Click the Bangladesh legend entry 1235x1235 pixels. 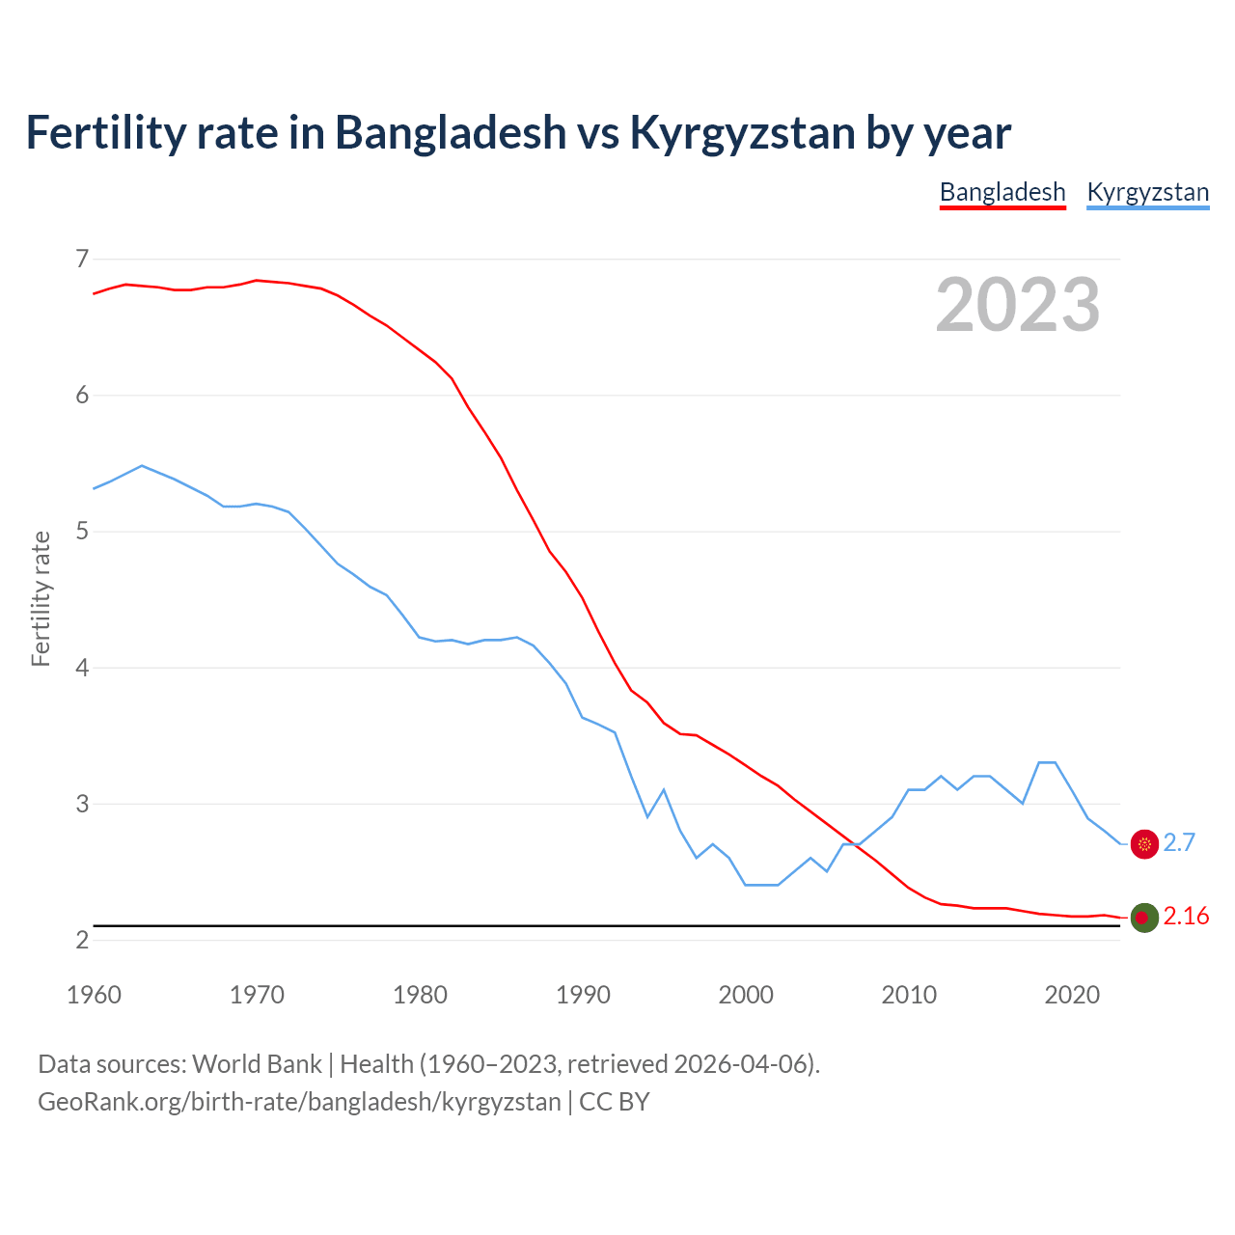point(1002,192)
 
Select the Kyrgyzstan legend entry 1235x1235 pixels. point(1147,192)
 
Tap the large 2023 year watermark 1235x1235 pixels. point(1017,305)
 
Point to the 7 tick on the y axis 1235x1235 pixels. point(82,259)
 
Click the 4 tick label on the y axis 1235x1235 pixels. point(82,667)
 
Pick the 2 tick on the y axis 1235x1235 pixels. point(82,940)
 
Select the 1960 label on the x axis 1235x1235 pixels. point(94,995)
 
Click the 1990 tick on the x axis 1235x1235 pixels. point(583,995)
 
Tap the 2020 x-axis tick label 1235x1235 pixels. point(1072,995)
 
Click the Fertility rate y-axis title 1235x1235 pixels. point(41,598)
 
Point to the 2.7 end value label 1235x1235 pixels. point(1179,842)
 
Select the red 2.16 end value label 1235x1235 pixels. point(1186,916)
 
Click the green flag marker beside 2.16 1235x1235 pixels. point(1143,918)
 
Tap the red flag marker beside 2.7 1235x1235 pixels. point(1143,844)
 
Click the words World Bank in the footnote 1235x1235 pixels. point(257,1063)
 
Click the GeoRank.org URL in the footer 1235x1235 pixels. point(299,1102)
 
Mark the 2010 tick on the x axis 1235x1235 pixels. point(909,995)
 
